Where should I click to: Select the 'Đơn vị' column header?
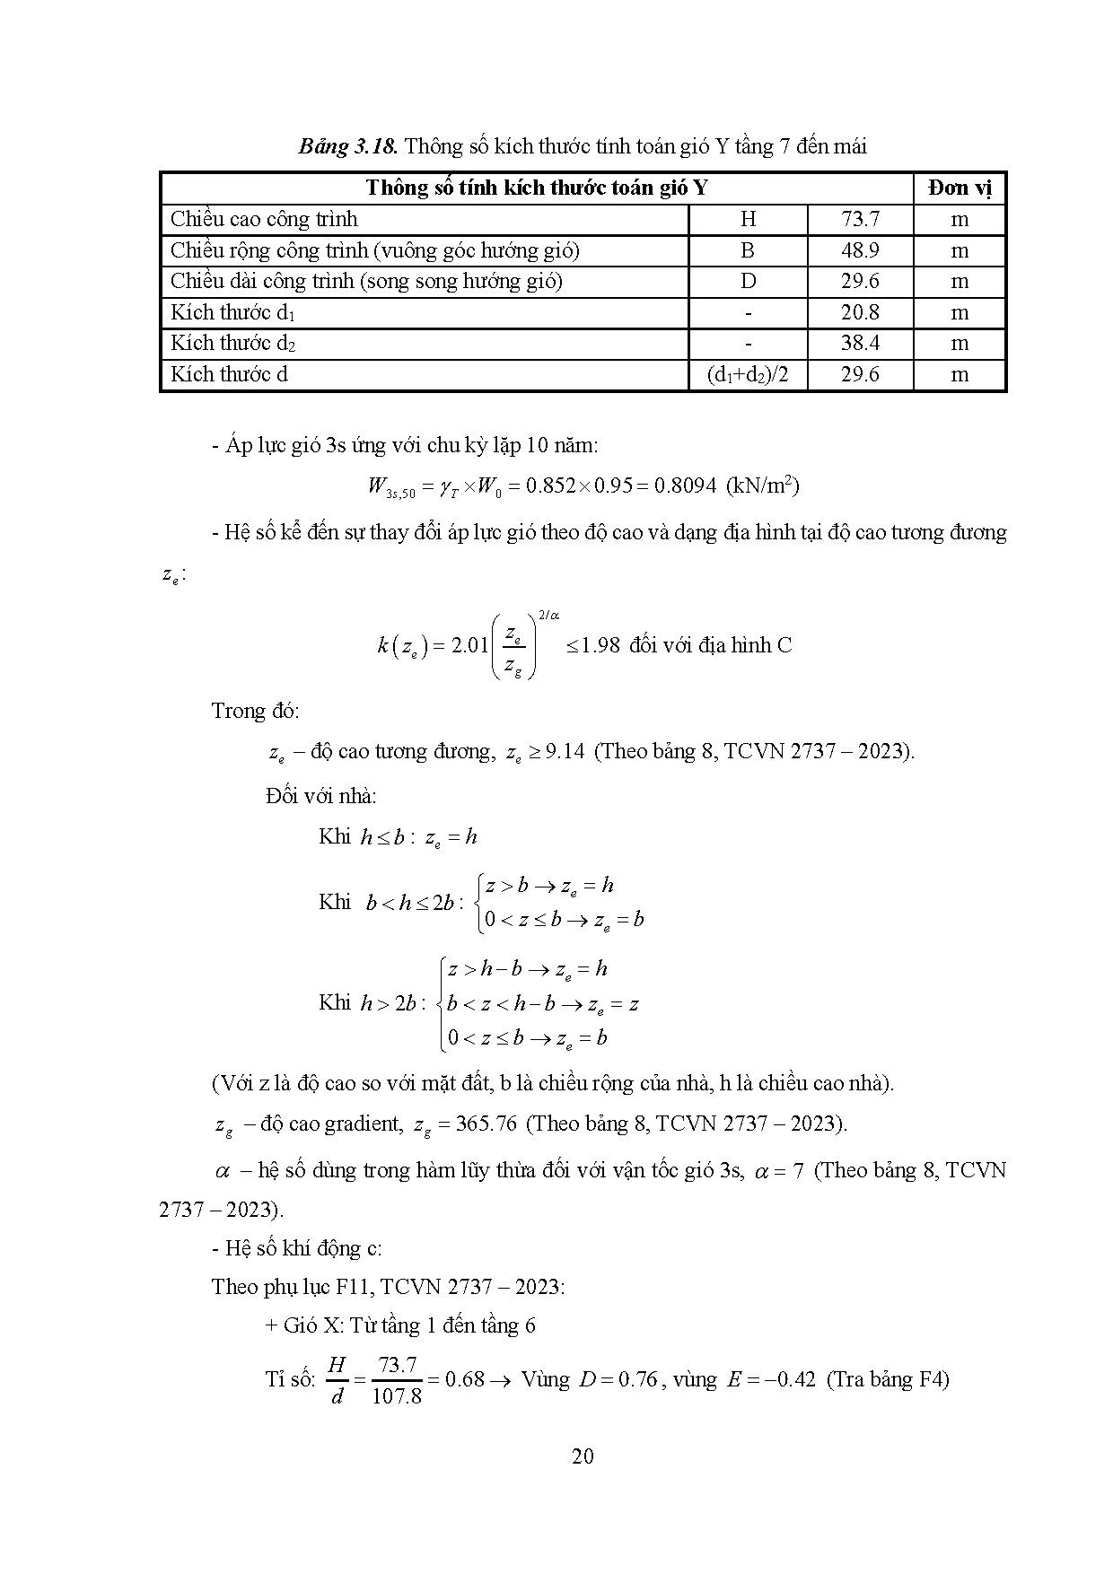(x=960, y=188)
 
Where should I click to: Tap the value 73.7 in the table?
(x=860, y=219)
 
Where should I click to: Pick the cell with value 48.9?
(x=860, y=250)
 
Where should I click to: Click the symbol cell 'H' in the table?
(x=748, y=219)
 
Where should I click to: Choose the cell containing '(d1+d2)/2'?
(x=748, y=374)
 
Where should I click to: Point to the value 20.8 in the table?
(x=860, y=312)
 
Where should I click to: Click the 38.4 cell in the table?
(x=860, y=343)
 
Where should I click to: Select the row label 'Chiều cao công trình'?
(x=264, y=219)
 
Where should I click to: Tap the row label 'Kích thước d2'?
(x=233, y=343)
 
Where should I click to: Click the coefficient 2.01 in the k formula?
(x=469, y=645)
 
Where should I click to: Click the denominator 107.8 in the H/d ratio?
(x=397, y=1396)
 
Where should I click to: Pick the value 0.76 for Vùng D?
(x=641, y=1379)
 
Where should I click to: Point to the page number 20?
(x=583, y=1456)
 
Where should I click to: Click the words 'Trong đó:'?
(x=256, y=711)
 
